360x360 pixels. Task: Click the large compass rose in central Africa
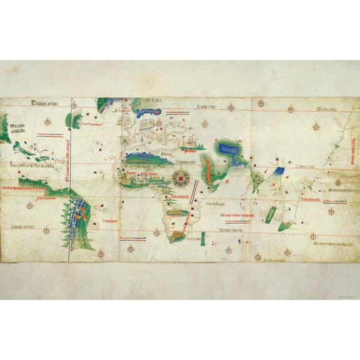pos(182,177)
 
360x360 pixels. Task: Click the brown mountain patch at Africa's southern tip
pos(177,237)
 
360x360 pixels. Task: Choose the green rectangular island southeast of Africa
pos(269,214)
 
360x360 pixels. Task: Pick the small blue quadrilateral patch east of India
pos(279,169)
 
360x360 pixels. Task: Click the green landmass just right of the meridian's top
pos(77,119)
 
